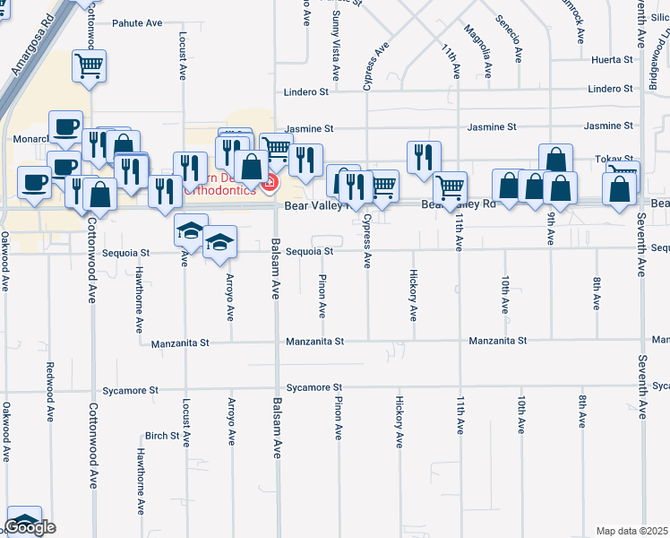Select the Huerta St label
coord(612,60)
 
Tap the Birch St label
coord(162,436)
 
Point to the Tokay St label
coord(614,159)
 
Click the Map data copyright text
coord(632,531)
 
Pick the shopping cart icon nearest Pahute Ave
coord(90,65)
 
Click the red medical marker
coord(268,184)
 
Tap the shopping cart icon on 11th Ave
coord(450,187)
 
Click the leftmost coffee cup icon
coord(35,182)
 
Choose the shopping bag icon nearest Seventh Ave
coord(620,188)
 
